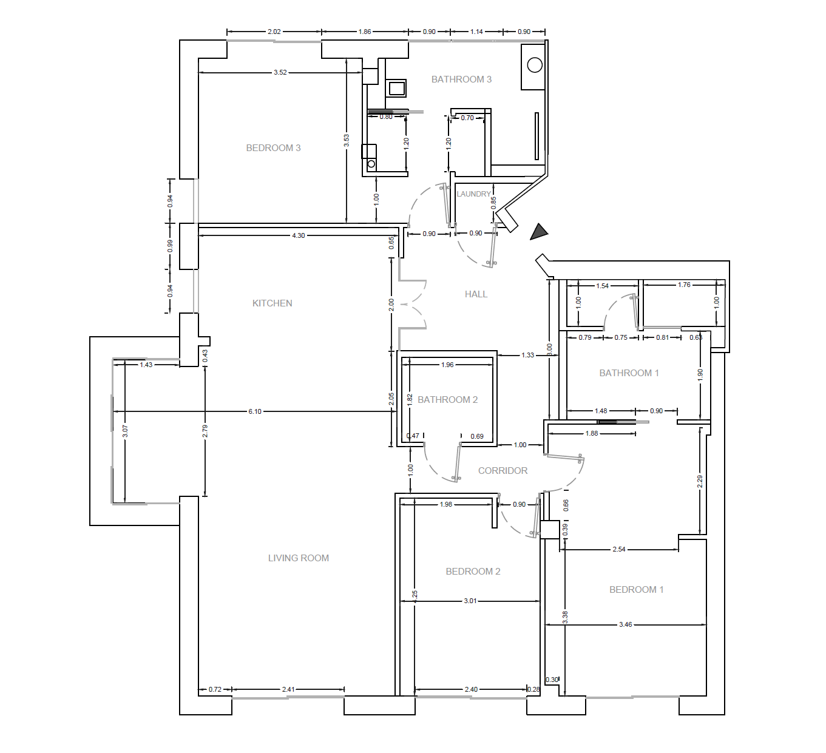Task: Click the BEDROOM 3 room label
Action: pos(273,148)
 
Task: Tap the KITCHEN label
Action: pos(272,303)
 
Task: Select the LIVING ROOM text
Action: pos(298,558)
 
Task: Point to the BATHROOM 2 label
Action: pos(447,400)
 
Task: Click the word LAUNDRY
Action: pos(473,194)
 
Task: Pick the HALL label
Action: pos(476,294)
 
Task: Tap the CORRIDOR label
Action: pos(503,471)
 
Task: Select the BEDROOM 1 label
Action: pos(636,590)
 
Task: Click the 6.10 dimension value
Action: pos(255,411)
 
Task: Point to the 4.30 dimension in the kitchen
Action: pos(299,235)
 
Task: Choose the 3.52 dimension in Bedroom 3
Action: pos(280,72)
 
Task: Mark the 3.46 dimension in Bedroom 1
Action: pos(625,624)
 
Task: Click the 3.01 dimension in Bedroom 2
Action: pos(470,601)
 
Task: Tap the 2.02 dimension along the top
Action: pos(274,32)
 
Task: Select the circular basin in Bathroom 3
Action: pos(535,65)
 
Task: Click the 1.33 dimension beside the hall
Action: pos(528,355)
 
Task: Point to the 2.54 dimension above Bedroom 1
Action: pos(618,549)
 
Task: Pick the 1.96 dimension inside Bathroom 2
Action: pos(447,365)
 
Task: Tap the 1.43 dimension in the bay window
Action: pos(146,365)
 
